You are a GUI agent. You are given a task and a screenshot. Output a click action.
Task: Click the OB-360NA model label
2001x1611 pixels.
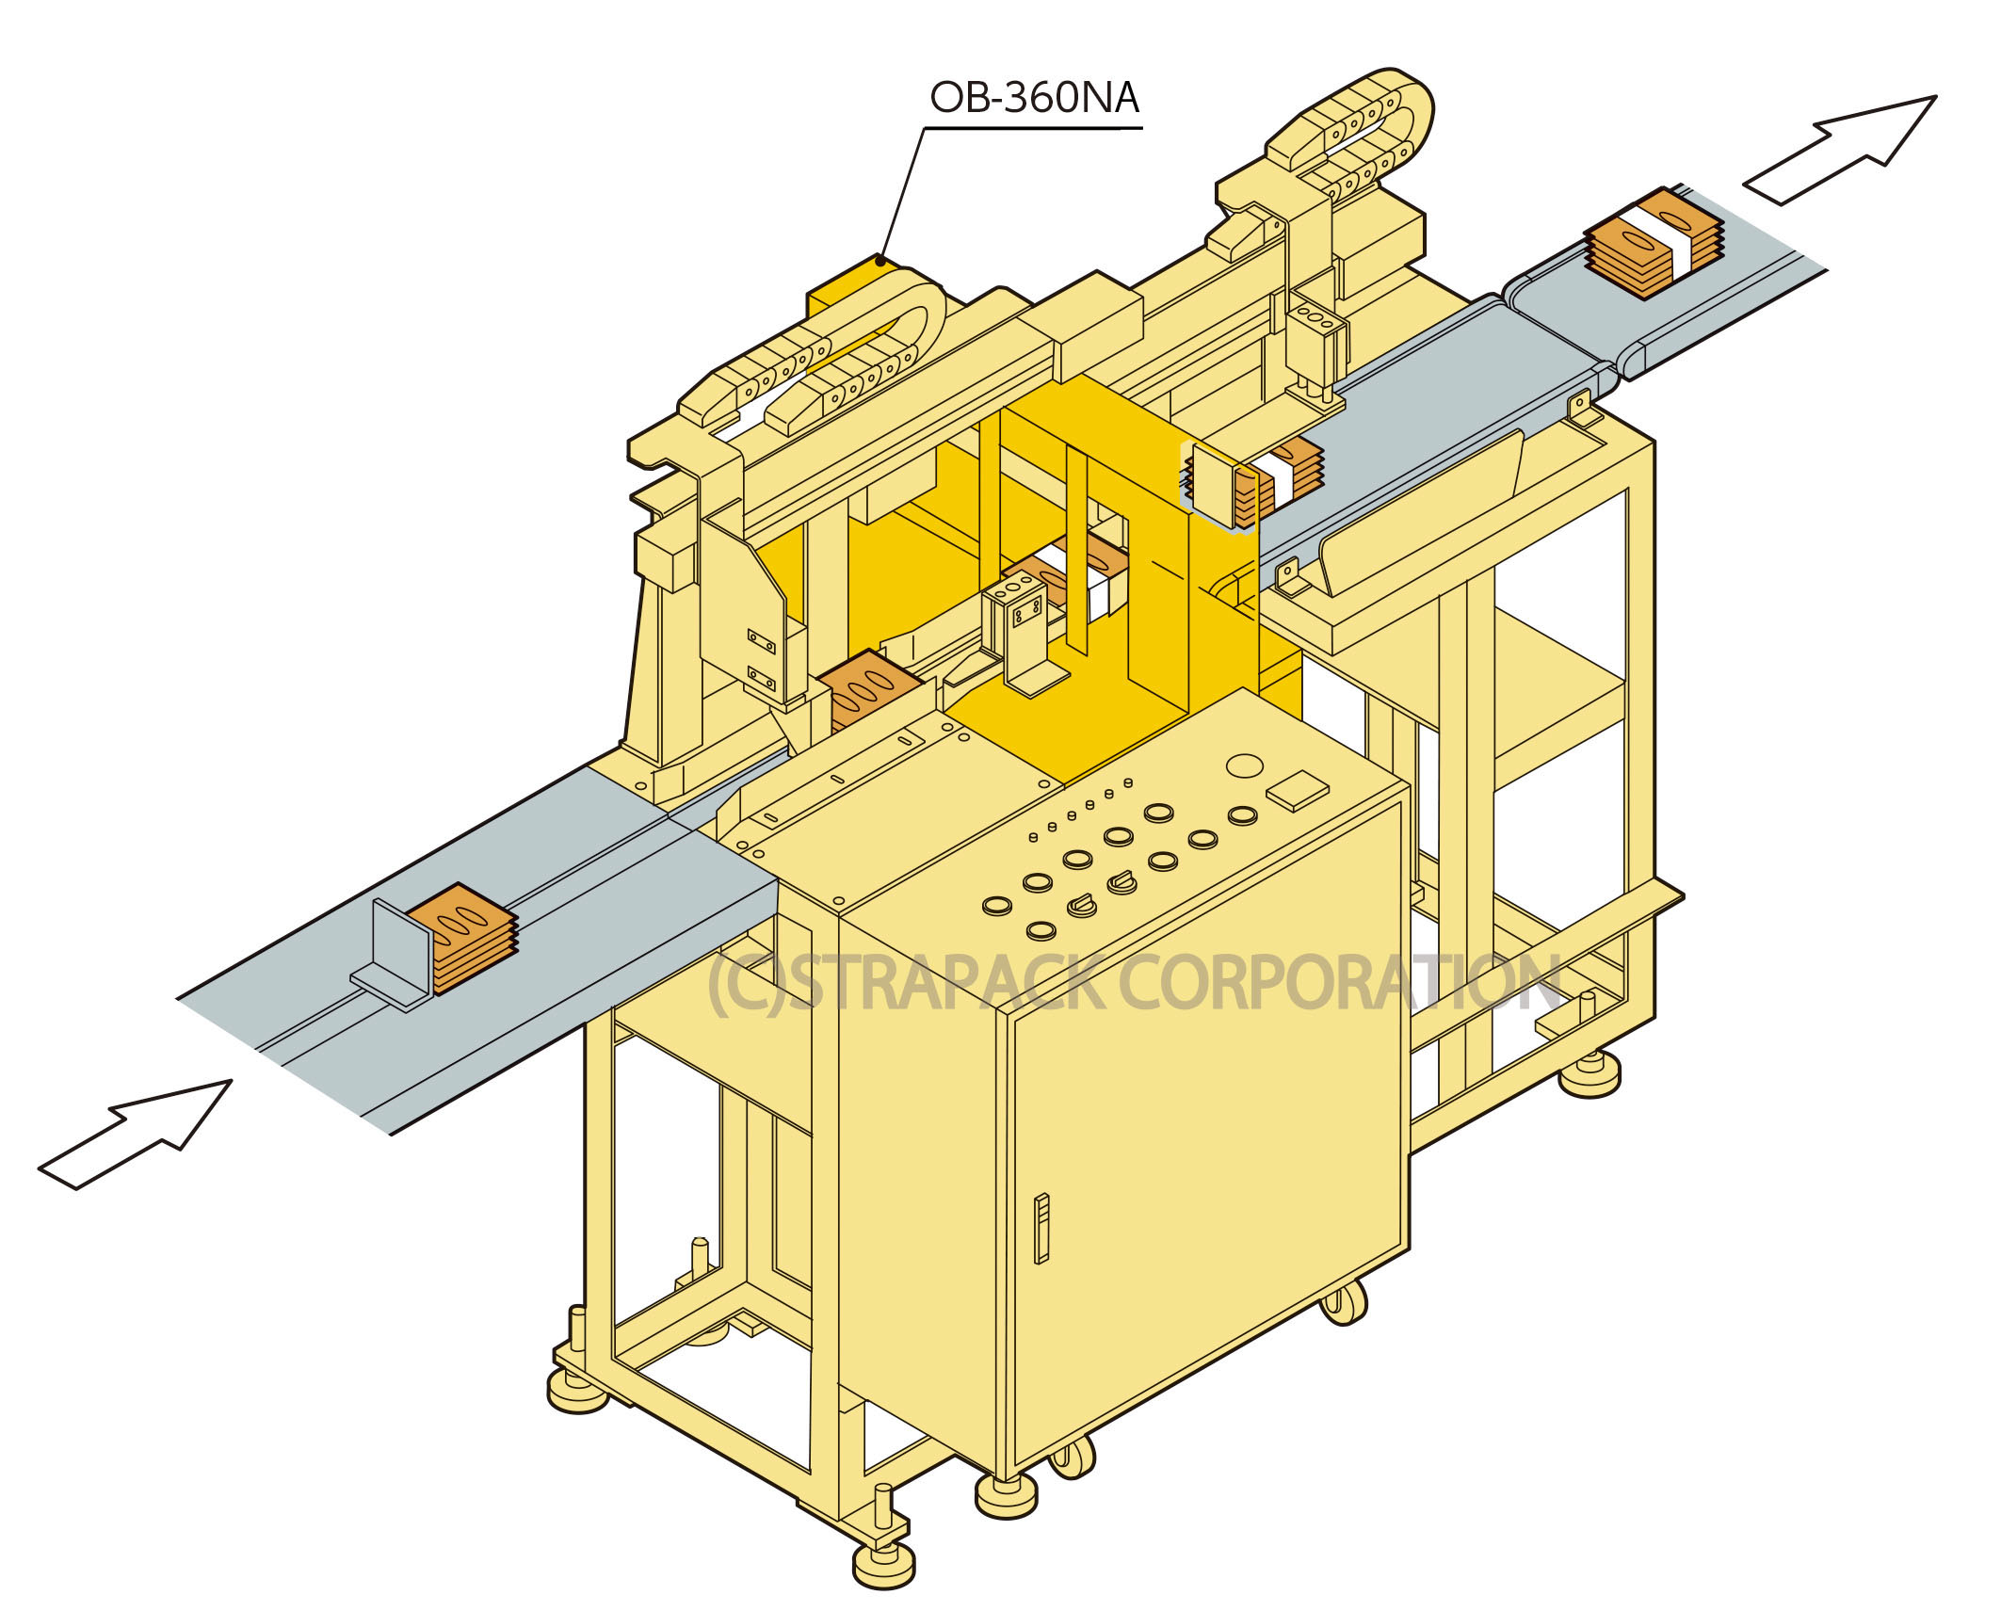click(1035, 98)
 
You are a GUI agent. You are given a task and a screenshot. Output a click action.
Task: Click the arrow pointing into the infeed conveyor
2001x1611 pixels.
click(136, 1135)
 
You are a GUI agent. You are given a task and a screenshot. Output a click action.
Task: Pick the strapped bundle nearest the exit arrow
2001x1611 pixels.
click(1654, 242)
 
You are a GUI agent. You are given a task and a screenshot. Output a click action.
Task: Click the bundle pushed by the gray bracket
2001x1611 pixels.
click(461, 936)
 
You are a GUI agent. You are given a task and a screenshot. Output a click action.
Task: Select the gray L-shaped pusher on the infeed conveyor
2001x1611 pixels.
click(392, 955)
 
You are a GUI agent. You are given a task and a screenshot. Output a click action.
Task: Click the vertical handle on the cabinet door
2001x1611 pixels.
click(1041, 1228)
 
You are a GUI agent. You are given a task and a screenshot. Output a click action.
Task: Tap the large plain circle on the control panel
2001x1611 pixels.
click(1245, 765)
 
